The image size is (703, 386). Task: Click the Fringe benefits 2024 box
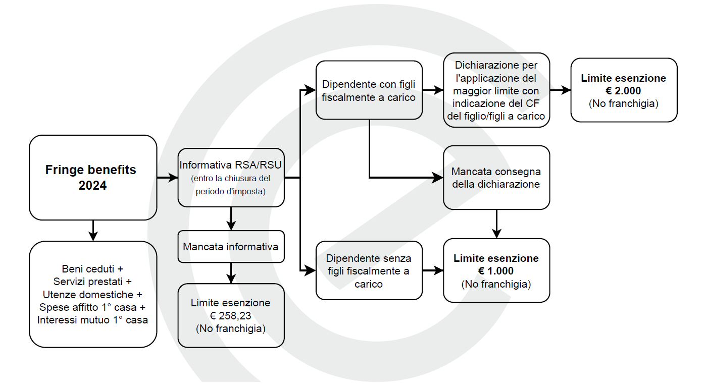[93, 178]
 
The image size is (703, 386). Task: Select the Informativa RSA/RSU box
[231, 178]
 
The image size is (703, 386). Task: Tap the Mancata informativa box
[231, 246]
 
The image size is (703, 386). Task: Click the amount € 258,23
[230, 315]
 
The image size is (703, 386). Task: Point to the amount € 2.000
[623, 91]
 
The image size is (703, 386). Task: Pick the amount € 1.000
[496, 270]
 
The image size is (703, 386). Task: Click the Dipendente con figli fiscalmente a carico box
[369, 90]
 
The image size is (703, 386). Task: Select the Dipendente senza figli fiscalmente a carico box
[369, 270]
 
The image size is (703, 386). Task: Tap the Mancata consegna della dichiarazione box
[496, 178]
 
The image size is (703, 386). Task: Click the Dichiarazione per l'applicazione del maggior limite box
[496, 90]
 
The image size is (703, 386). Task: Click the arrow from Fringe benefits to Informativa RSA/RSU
[167, 178]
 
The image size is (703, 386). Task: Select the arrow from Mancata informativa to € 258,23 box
[231, 273]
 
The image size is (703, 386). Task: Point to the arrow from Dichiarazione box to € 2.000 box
[561, 90]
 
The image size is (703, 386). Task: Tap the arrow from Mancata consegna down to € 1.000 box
[496, 224]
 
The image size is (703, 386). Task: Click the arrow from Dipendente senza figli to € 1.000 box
[433, 270]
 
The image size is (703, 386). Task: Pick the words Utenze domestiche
[88, 295]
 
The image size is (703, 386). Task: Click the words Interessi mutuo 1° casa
[92, 320]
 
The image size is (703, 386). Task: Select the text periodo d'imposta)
[231, 191]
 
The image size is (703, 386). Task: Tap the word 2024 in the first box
[92, 185]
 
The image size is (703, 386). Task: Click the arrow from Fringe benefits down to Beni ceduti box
[93, 231]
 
